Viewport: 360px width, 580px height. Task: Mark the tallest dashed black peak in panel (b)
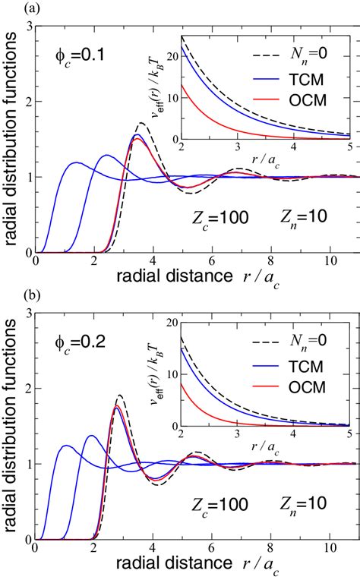pos(120,396)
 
